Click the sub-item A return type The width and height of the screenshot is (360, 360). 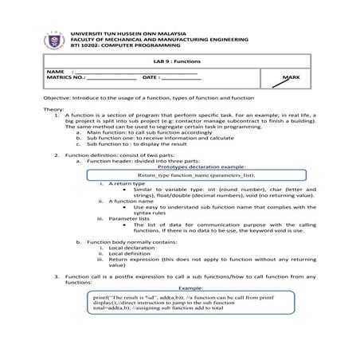pos(127,183)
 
